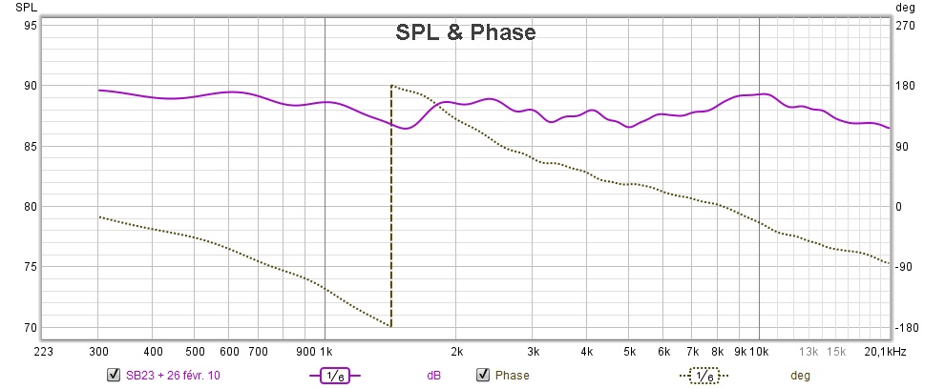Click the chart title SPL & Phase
pos(466,33)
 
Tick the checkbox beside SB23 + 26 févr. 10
pos(114,375)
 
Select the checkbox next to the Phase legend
pos(482,375)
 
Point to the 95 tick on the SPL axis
pos(31,26)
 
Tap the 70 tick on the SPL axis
pos(31,328)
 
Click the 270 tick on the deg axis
pos(905,26)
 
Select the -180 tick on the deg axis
pos(906,328)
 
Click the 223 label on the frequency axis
pos(43,351)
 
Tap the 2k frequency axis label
pos(457,351)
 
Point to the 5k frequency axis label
pos(629,351)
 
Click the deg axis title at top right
pos(906,8)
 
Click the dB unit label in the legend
pos(433,376)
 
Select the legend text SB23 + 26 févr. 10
pos(173,376)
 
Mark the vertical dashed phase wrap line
pos(391,210)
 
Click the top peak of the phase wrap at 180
pos(392,86)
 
